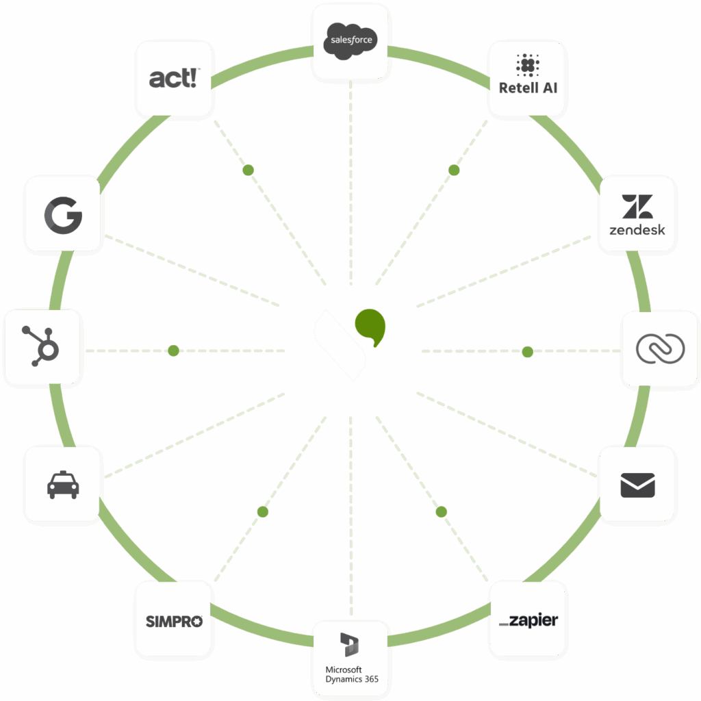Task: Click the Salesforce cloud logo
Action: point(350,40)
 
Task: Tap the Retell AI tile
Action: point(527,77)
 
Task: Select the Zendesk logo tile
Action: point(637,214)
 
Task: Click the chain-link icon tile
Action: point(660,348)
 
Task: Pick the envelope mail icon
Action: point(637,485)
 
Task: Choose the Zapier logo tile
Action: point(528,620)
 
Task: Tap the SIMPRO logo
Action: point(174,620)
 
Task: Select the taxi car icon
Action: point(63,485)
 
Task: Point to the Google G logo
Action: point(63,214)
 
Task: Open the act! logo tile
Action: point(174,77)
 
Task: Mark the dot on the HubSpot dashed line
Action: point(173,350)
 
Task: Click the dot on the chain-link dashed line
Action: point(527,352)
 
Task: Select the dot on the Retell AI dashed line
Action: point(453,170)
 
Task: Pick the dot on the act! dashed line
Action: point(248,170)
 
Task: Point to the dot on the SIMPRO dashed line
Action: point(262,511)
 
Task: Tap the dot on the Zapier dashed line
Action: point(441,511)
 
